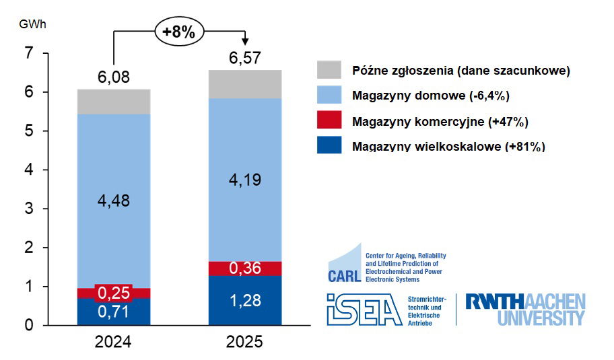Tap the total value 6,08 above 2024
tap(114, 78)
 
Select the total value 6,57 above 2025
tap(245, 59)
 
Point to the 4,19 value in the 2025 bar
tap(245, 180)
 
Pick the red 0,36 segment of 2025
tap(245, 268)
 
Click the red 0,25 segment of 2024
tap(114, 293)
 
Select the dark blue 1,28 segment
tap(245, 300)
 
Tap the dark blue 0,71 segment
tap(114, 312)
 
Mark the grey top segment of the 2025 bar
tap(245, 84)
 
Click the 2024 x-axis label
tap(114, 342)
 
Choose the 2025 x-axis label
tap(245, 342)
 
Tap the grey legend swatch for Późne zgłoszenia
tap(329, 70)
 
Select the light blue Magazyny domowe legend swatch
tap(329, 96)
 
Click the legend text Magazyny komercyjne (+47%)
tap(440, 121)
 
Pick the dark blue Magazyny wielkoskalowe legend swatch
tap(329, 145)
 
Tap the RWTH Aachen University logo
tap(526, 310)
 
